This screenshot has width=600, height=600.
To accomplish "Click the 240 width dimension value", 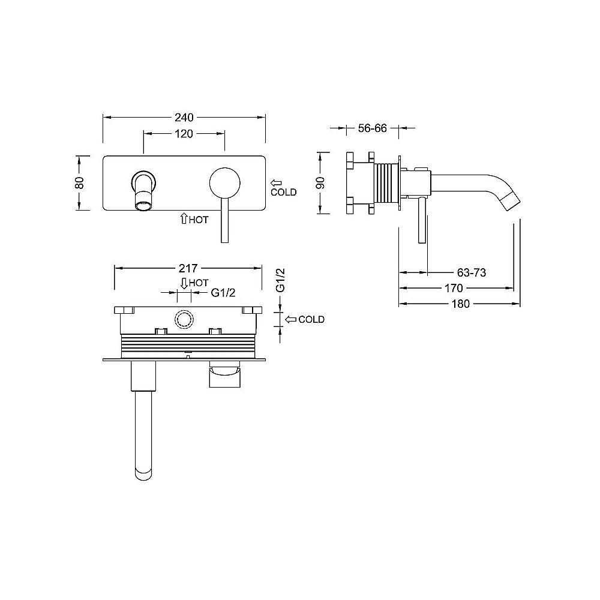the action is [184, 117].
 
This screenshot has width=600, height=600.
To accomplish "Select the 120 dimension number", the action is [184, 134].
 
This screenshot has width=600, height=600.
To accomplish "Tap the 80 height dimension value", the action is [79, 183].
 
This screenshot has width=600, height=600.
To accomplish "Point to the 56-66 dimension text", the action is [373, 128].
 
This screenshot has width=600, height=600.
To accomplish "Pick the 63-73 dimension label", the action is [472, 272].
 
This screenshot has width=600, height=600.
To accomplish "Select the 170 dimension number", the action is [454, 288].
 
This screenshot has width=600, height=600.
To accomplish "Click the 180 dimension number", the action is [460, 304].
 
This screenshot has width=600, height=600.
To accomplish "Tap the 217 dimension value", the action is [188, 268].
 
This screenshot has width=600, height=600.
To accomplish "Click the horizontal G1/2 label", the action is [223, 293].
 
